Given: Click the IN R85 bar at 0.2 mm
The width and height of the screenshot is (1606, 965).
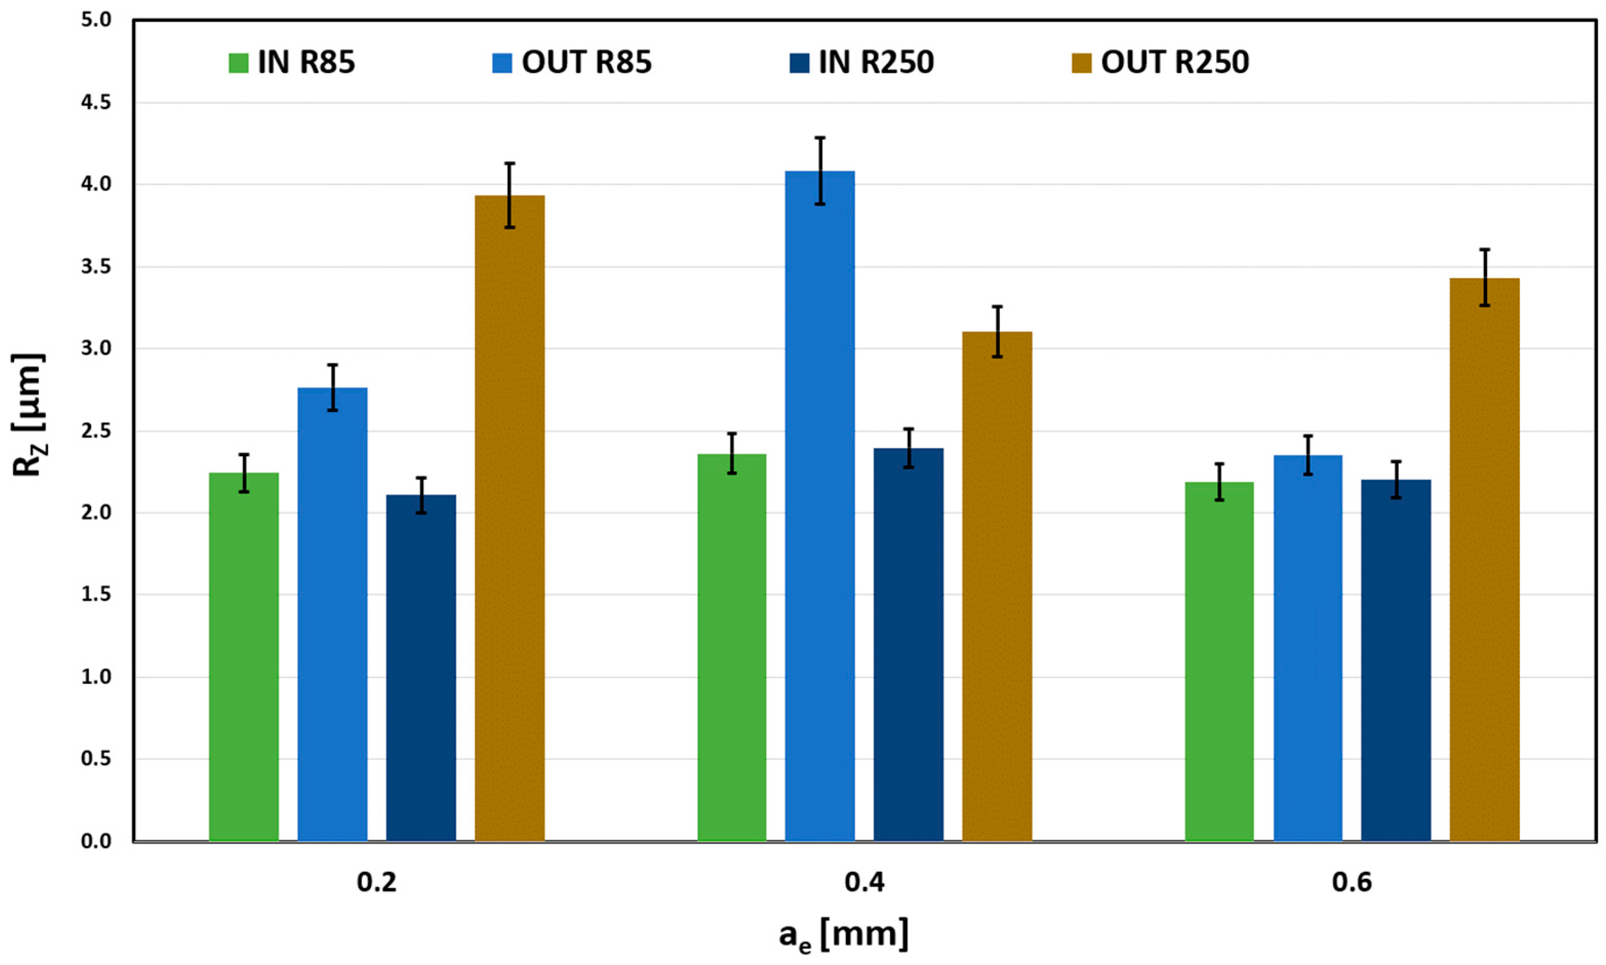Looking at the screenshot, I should coord(244,657).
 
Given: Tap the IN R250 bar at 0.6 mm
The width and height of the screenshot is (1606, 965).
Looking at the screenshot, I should coord(1396,660).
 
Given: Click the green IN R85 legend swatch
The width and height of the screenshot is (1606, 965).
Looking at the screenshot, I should coord(238,63).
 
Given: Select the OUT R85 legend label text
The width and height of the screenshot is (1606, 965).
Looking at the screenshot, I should coord(586,63).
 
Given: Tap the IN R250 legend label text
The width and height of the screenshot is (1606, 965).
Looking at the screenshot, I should coord(876,63).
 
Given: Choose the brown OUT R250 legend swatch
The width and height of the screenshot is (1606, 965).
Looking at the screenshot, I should coord(1081,63).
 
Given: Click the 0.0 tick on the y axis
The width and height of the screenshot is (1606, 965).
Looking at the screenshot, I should coord(96,841).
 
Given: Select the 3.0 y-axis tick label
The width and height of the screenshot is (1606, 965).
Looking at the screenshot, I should coord(96,349).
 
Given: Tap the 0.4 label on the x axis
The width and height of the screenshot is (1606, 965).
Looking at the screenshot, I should coord(865,882).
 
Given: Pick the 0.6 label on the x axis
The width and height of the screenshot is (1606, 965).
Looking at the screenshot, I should coord(1351,882).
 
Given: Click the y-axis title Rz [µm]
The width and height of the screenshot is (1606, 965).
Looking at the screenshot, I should coord(27,414).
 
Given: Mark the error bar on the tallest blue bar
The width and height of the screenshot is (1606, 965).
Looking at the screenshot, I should coord(820,171).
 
